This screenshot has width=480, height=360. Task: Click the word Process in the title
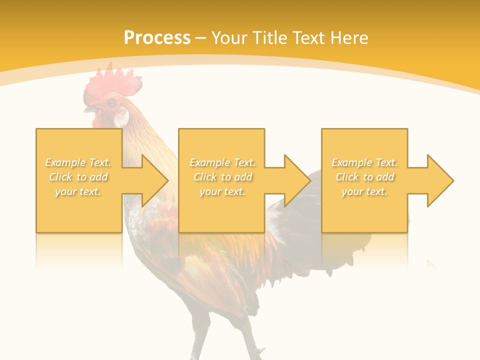click(x=157, y=38)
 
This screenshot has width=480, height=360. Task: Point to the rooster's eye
click(x=111, y=103)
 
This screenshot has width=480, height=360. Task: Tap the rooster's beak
click(x=90, y=108)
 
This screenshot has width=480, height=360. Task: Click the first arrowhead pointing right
click(x=155, y=180)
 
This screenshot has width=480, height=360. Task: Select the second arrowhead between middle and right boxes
click(x=297, y=180)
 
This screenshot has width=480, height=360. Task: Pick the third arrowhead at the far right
click(x=440, y=180)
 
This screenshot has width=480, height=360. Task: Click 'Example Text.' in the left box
click(x=78, y=162)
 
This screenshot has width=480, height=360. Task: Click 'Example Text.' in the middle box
click(x=222, y=162)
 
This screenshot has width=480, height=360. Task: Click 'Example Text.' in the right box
click(x=364, y=162)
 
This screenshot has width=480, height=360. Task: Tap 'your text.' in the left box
click(x=78, y=192)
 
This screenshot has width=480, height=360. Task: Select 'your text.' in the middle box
click(x=222, y=192)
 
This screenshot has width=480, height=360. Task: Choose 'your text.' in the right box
click(x=364, y=192)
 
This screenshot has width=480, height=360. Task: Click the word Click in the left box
click(x=61, y=177)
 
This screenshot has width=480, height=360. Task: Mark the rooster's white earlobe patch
click(x=121, y=118)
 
